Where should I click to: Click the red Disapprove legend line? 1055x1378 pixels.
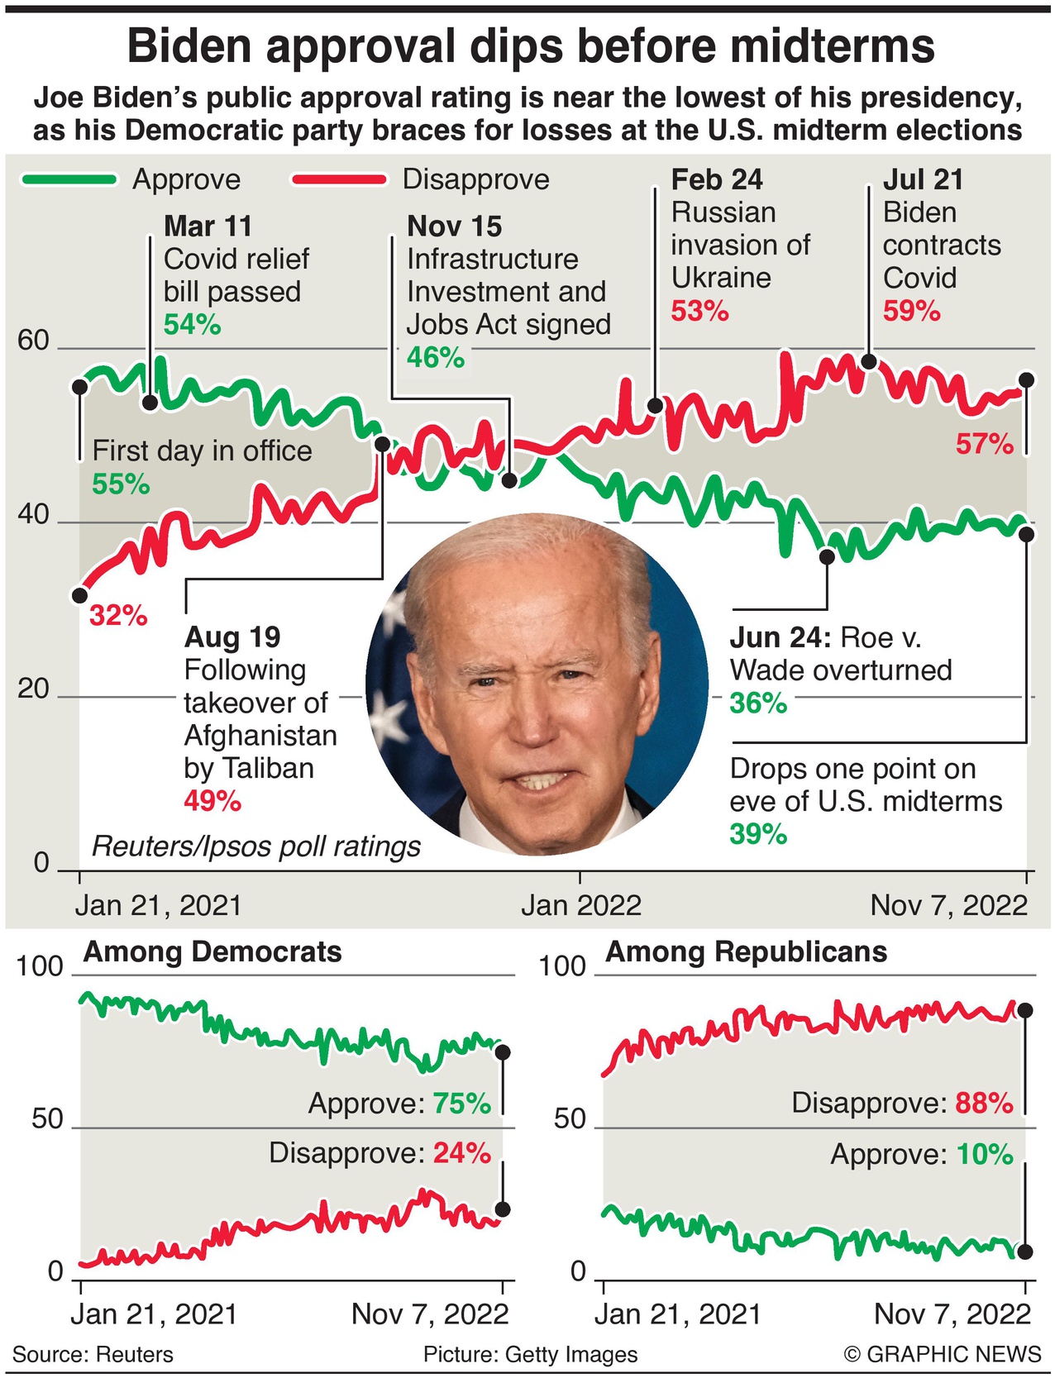click(x=339, y=179)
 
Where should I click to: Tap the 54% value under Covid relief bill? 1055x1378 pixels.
click(x=192, y=325)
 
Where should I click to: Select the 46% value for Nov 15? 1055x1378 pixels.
click(x=435, y=357)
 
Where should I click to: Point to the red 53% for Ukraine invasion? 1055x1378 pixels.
click(x=699, y=312)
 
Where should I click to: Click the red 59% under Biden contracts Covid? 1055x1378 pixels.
click(x=911, y=312)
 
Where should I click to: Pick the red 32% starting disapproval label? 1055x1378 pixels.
click(x=118, y=616)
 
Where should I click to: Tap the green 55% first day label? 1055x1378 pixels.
click(x=121, y=484)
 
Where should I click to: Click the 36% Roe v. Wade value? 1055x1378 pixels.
click(x=757, y=703)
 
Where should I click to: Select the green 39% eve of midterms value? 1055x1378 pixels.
click(x=757, y=834)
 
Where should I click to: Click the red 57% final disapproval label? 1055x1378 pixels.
click(x=984, y=445)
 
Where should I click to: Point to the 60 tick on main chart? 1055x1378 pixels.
click(x=33, y=341)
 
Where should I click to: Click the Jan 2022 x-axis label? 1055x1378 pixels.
click(x=580, y=906)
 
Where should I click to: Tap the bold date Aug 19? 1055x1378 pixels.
click(x=232, y=637)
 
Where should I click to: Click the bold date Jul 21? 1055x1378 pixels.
click(x=923, y=180)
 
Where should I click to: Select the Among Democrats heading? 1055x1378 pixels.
click(x=212, y=952)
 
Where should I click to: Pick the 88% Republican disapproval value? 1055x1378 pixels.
click(x=984, y=1103)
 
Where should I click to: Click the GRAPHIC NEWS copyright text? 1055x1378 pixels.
click(x=943, y=1354)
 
